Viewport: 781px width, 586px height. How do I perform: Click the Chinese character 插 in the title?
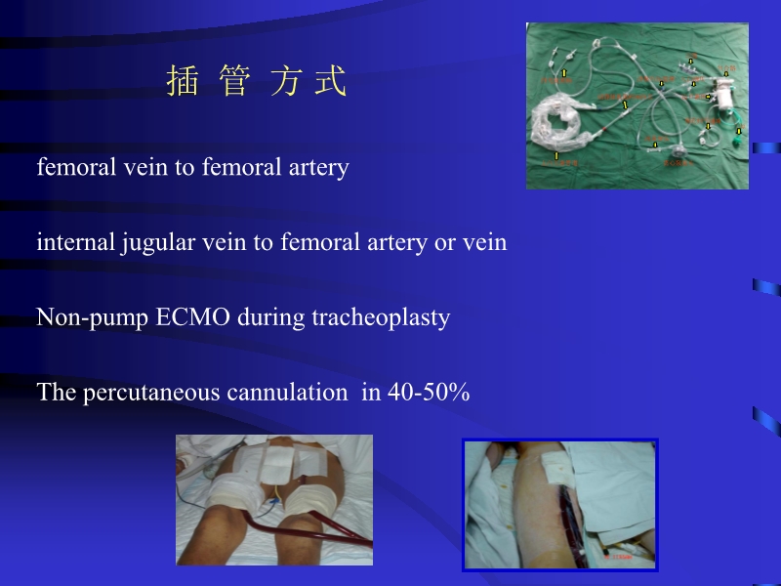point(183,82)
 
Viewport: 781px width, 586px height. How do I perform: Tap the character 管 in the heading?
point(235,82)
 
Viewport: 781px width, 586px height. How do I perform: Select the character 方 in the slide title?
point(286,82)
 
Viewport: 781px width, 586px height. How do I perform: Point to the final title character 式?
point(331,82)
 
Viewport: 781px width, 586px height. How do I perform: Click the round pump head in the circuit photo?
point(678,151)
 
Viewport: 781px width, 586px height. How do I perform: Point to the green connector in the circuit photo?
point(739,131)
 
